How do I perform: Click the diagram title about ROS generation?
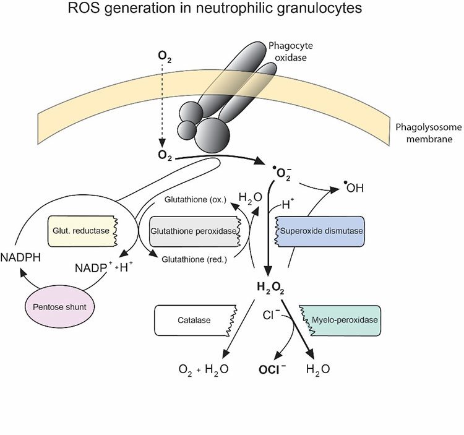(x=231, y=12)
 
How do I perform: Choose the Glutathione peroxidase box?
(x=194, y=230)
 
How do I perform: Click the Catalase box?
(x=194, y=320)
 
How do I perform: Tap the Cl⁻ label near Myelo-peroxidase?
(x=271, y=314)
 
